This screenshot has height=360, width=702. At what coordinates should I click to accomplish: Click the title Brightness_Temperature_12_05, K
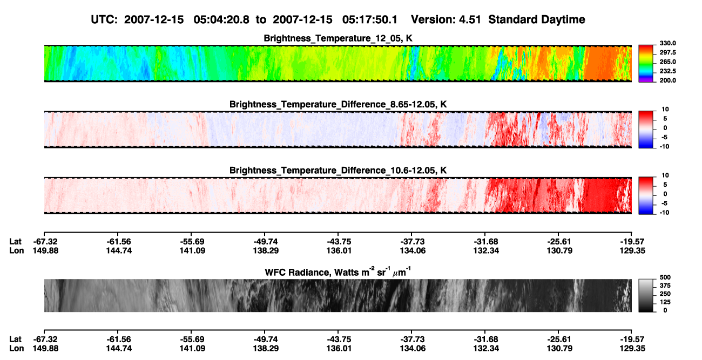click(338, 38)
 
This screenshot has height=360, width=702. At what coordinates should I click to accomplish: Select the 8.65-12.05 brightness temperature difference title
click(338, 104)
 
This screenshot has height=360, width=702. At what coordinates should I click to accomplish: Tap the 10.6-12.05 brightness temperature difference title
click(338, 171)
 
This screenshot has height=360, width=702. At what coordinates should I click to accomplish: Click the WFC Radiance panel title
click(338, 272)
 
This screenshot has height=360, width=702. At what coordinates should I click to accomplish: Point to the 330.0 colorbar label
click(667, 43)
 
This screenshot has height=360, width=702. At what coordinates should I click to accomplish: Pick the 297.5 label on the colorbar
click(667, 53)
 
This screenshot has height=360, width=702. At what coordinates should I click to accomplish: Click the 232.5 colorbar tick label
click(667, 71)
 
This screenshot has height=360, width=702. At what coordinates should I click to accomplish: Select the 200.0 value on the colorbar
click(667, 80)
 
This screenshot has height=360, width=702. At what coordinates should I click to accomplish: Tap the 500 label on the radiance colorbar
click(665, 277)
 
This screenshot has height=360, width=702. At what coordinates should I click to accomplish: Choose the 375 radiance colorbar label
click(665, 286)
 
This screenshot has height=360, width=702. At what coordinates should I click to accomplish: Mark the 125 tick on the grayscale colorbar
click(665, 302)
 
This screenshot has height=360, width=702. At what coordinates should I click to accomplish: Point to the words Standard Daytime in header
click(537, 19)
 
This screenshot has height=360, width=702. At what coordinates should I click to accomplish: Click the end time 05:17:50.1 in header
click(370, 19)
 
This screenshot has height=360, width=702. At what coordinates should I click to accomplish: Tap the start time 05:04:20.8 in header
click(221, 19)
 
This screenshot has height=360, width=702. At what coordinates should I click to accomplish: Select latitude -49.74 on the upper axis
click(266, 242)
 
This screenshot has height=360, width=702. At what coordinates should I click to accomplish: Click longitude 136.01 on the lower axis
click(339, 349)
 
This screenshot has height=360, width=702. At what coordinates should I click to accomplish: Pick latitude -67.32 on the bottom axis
click(45, 339)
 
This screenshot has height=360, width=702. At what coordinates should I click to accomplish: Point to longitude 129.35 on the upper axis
click(632, 250)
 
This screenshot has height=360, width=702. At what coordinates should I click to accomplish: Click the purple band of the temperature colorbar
click(646, 80)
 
